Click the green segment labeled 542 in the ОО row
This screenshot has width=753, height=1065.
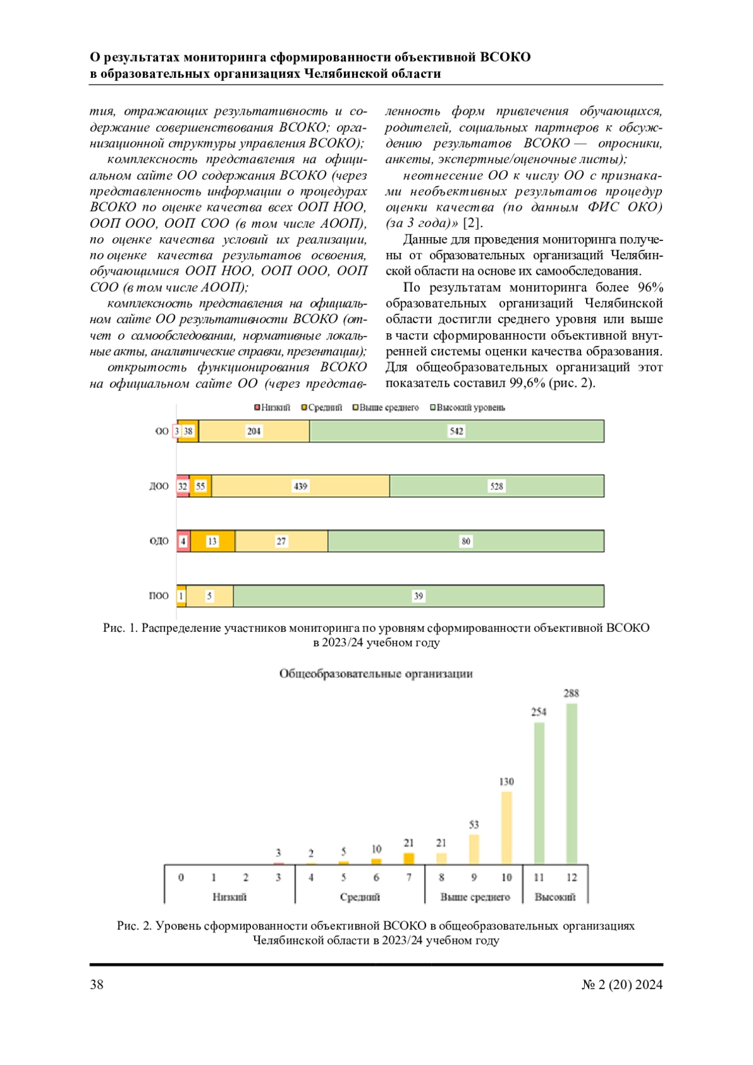(456, 431)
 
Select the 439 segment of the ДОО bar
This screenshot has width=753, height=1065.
(301, 486)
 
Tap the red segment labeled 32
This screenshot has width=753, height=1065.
(183, 486)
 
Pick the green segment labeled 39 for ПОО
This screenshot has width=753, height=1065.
(419, 596)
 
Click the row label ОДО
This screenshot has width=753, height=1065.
(159, 541)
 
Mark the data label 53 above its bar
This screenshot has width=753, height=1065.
(474, 825)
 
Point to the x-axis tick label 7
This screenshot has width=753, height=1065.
(409, 877)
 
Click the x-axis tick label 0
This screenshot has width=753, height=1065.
(181, 877)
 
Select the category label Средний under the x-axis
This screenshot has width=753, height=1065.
(360, 897)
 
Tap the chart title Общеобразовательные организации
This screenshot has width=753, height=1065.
(376, 673)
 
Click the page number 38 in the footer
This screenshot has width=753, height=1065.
(97, 985)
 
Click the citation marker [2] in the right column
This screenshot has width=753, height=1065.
(472, 223)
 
